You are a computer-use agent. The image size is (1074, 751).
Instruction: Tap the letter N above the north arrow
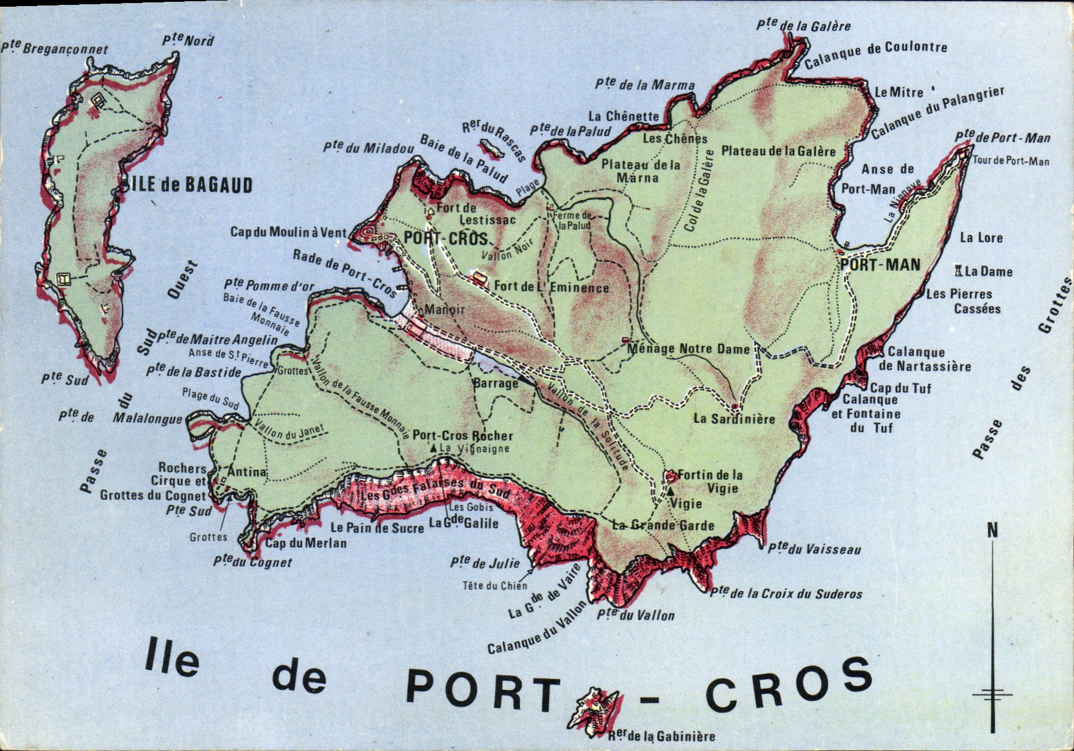(993, 531)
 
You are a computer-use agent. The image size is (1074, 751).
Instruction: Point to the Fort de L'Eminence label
(551, 287)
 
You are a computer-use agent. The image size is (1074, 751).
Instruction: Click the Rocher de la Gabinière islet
(594, 711)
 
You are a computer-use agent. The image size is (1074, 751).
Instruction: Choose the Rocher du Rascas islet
(489, 148)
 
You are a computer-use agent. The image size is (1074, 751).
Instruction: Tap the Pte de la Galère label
(803, 26)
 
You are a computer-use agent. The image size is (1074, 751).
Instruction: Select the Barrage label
(495, 383)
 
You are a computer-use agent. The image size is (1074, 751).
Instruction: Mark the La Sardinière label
(734, 419)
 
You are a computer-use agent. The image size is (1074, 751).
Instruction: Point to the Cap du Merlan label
(306, 543)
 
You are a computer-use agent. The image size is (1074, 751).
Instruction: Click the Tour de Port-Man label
(1011, 161)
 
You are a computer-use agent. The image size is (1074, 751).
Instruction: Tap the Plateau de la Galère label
(778, 151)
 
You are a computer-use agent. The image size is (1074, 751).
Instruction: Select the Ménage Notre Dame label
(688, 349)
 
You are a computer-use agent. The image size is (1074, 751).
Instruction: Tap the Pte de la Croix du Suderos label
(787, 592)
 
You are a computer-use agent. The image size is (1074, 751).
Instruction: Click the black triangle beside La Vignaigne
(433, 448)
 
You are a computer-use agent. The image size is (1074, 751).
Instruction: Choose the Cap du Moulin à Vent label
(288, 232)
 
